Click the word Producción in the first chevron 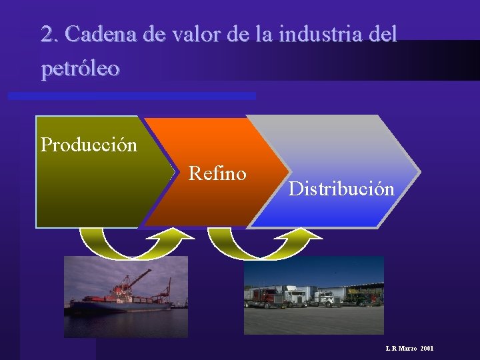tap(89, 145)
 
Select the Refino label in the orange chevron tap(217, 174)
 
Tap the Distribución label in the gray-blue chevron tap(341, 189)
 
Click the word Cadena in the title tap(97, 33)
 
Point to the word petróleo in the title tap(80, 68)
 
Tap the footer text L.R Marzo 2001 tap(409, 349)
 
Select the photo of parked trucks tap(313, 296)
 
